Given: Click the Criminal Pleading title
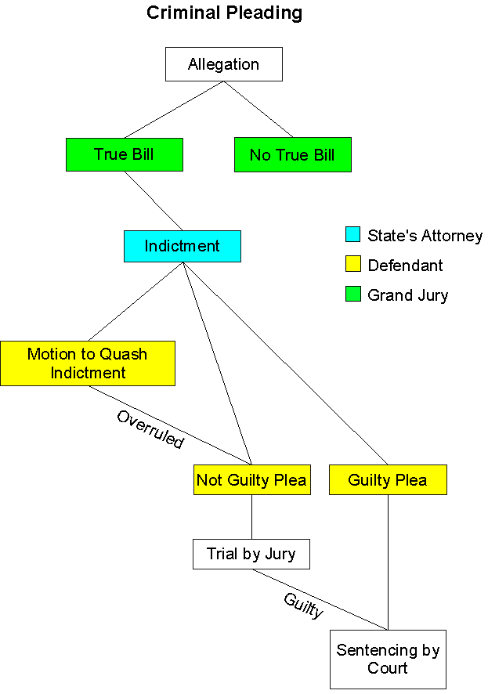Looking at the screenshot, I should click(224, 13).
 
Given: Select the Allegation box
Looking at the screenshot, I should click(223, 64).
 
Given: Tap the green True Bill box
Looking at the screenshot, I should click(125, 154).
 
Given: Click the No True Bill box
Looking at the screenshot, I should click(292, 155).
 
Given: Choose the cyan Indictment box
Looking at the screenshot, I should click(183, 246).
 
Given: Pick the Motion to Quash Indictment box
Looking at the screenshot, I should click(87, 363).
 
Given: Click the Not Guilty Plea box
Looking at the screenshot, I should click(251, 479).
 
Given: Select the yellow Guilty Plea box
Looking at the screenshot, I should click(388, 479).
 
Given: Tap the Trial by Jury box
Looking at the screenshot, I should click(251, 554).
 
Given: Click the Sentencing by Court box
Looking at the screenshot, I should click(388, 659).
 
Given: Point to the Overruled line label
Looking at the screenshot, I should click(150, 429).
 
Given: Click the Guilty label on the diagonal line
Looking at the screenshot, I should click(303, 605).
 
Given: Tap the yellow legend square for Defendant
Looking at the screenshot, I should click(352, 266).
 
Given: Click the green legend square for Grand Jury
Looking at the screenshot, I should click(352, 295).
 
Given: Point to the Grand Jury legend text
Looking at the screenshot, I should click(407, 295).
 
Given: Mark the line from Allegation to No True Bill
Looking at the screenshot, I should click(258, 110).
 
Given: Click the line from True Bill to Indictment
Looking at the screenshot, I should click(154, 201).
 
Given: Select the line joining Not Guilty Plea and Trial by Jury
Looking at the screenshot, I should click(251, 517).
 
